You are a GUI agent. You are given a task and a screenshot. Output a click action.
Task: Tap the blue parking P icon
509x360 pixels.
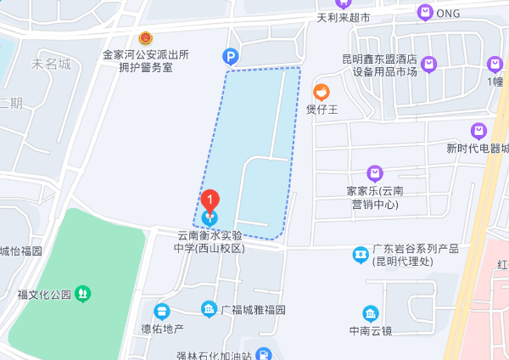pos(230,57)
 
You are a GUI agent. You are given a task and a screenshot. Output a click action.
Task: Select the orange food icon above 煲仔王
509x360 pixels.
pos(322,92)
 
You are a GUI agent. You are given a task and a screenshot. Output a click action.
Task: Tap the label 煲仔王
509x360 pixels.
pos(322,109)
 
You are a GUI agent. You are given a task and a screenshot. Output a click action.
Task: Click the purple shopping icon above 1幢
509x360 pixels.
pos(495,64)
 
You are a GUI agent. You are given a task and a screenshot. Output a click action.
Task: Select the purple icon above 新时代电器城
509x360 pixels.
pos(479,131)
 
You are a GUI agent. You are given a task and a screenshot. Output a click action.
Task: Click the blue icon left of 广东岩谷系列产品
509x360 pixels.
pos(361,253)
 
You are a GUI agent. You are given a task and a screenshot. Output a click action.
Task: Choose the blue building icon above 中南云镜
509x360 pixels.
pos(370,313)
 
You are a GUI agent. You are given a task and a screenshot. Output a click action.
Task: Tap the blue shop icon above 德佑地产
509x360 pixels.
pos(162,311)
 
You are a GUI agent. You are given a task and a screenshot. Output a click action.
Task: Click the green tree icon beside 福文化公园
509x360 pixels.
pos(82,295)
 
